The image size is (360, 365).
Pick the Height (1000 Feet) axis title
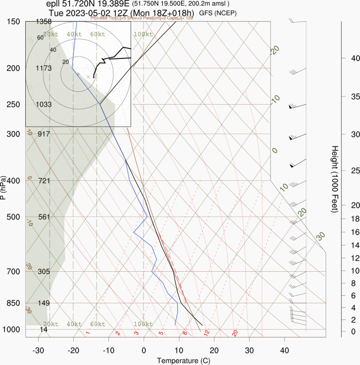pyautogui.click(x=335, y=179)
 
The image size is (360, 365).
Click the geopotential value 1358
pyautogui.click(x=44, y=22)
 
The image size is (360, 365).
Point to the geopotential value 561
pyautogui.click(x=44, y=217)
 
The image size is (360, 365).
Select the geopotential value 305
pyautogui.click(x=44, y=272)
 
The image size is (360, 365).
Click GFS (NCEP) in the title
pyautogui.click(x=218, y=13)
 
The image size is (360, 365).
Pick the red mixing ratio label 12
pyautogui.click(x=206, y=333)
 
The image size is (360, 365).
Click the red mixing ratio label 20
pyautogui.click(x=235, y=333)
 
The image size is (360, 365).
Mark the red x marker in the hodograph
pyautogui.click(x=88, y=77)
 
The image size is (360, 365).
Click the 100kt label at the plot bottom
pyautogui.click(x=143, y=324)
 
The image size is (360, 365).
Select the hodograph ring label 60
pyautogui.click(x=40, y=38)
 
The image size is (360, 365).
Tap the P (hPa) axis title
pyautogui.click(x=3, y=187)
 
